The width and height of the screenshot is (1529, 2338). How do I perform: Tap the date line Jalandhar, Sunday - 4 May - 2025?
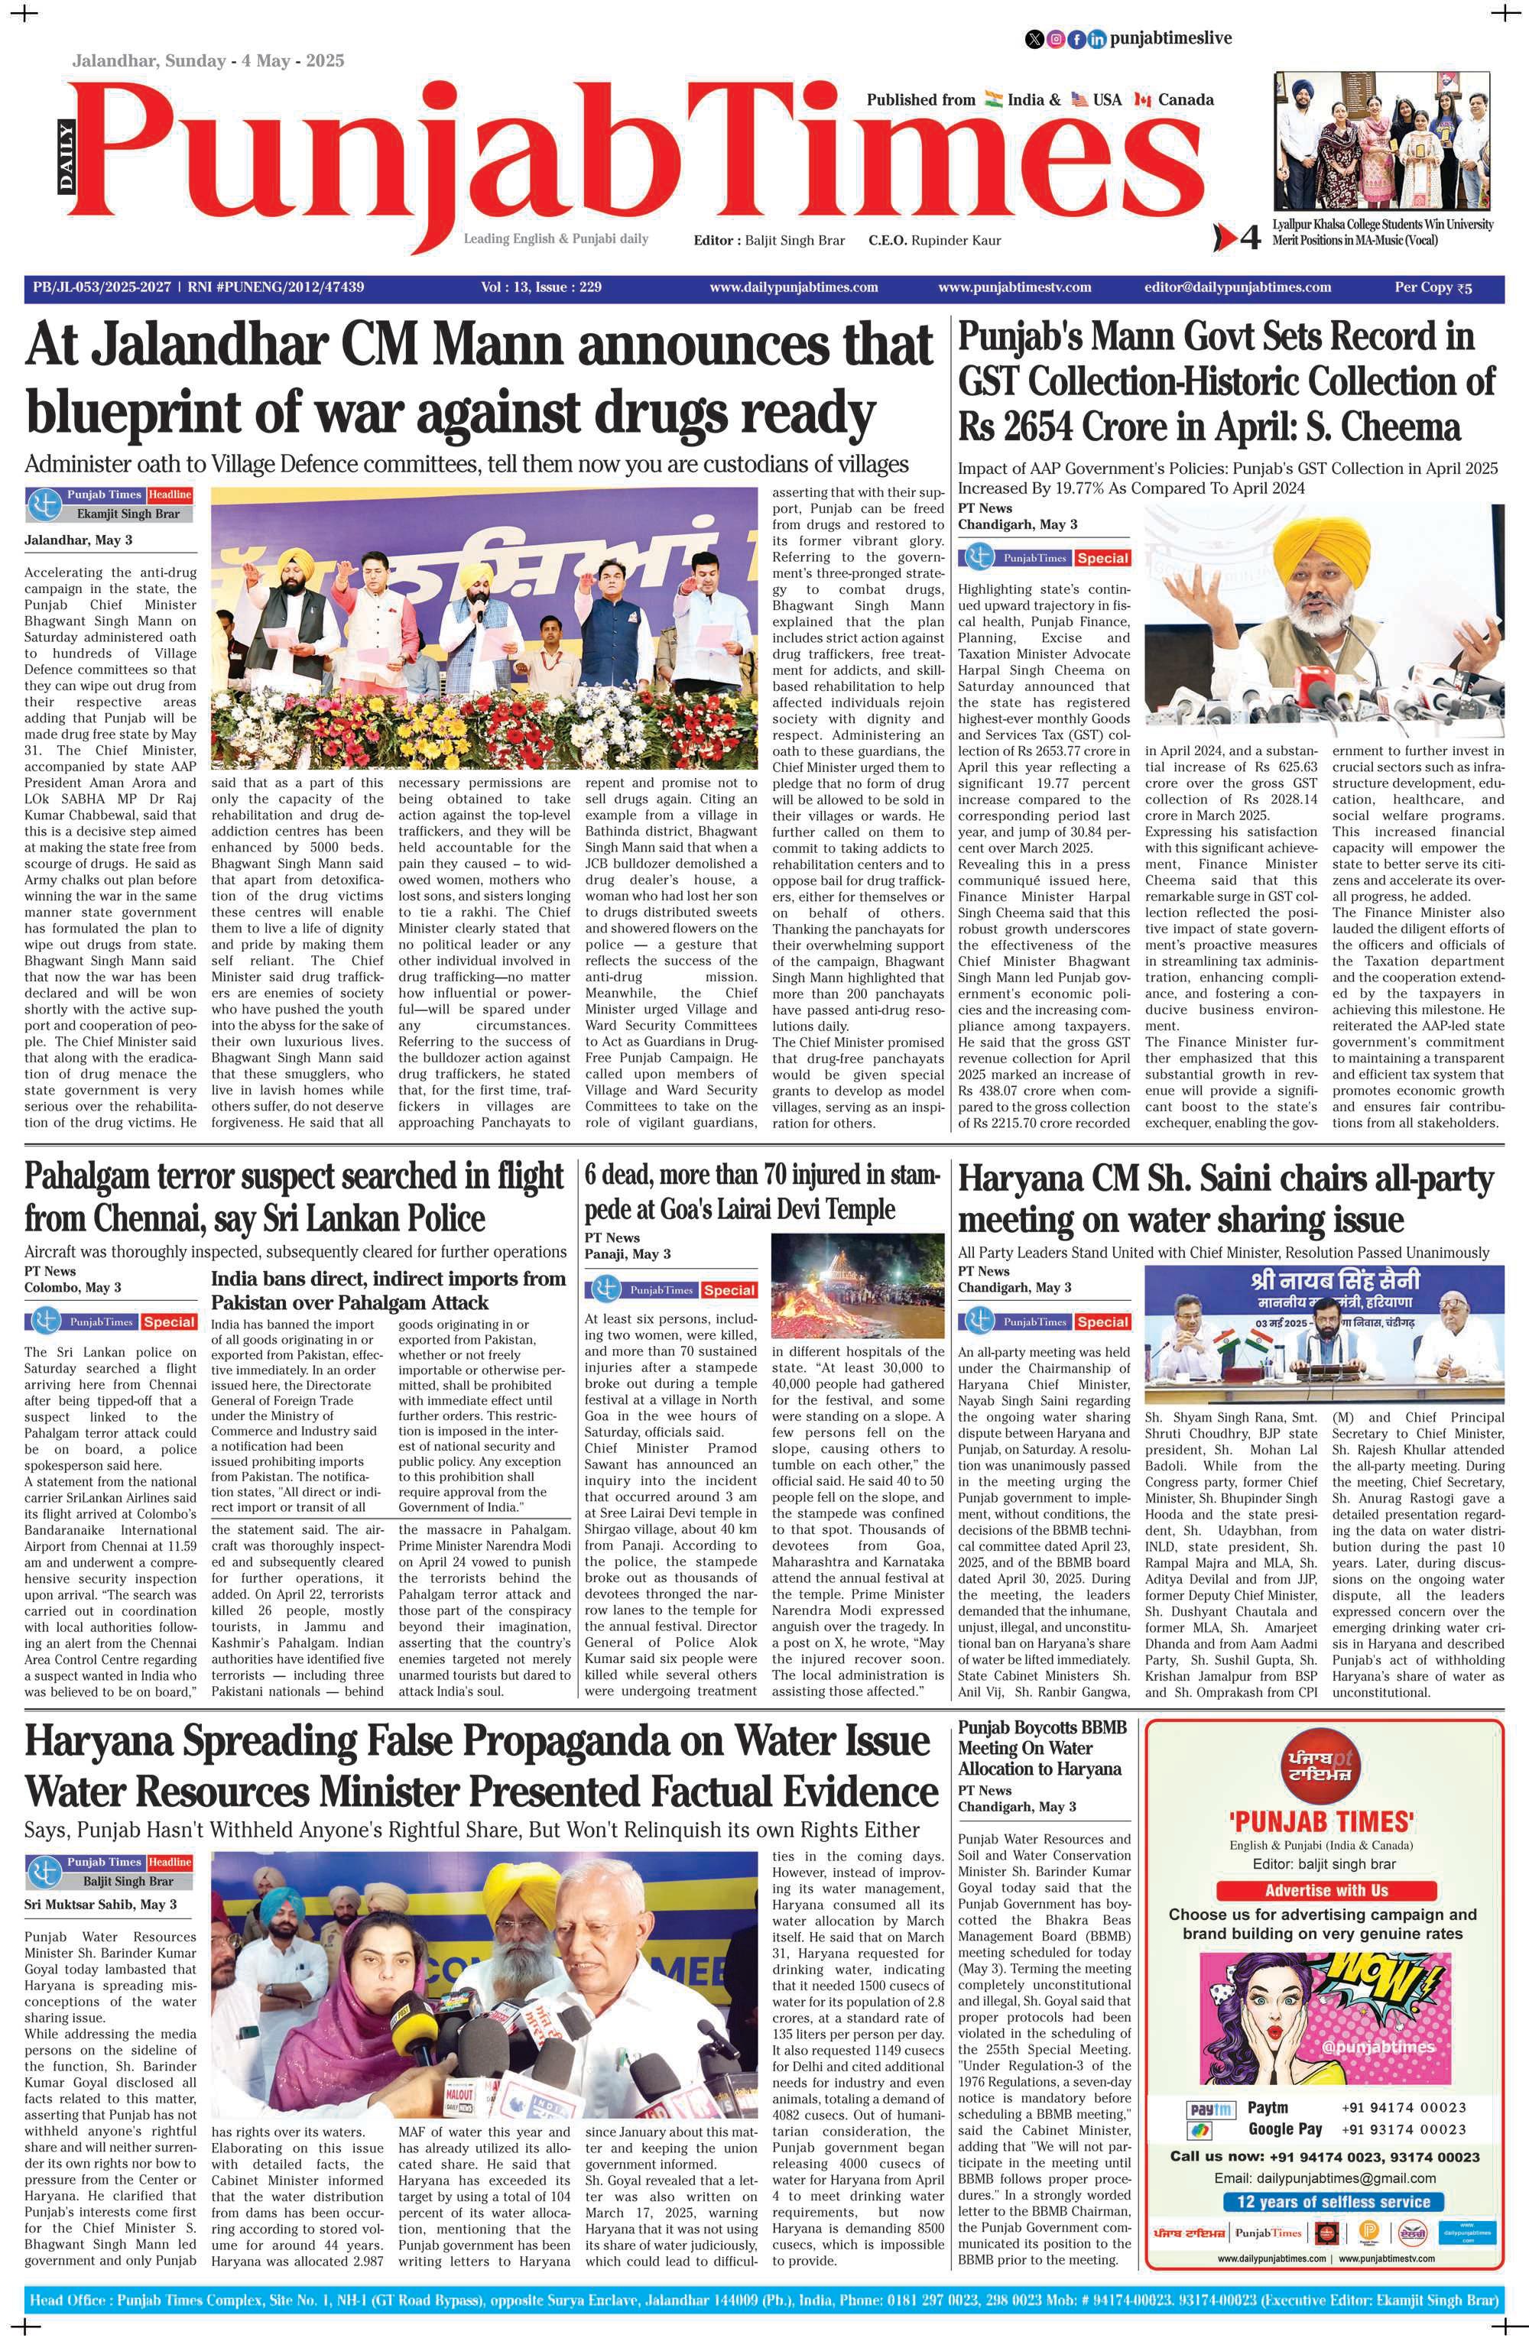click(207, 61)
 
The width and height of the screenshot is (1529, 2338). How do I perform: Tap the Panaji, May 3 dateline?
click(627, 1254)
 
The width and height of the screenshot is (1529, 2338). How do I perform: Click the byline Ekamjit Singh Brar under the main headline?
click(128, 514)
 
